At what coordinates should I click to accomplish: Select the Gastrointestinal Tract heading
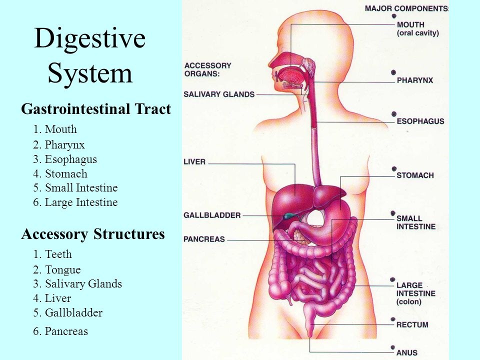coord(96,109)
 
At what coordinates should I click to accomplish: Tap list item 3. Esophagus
coord(65,159)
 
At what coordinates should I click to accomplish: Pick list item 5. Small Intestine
coord(75,188)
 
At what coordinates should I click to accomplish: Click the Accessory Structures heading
coord(93,234)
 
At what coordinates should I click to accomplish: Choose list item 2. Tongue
coord(57,269)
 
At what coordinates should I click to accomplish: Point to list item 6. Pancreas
coord(60,331)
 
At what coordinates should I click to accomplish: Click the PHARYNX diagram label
coord(415,80)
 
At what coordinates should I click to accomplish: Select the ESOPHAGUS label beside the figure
coord(420,121)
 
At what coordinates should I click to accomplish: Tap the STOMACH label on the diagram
coord(415,175)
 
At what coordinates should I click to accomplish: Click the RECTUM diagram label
coord(412,324)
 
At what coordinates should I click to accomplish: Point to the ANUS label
coord(407,352)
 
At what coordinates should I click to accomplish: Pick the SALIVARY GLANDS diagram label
coord(219,94)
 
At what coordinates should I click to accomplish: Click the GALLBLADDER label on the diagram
coord(212,215)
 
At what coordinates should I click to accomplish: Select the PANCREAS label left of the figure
coord(204,239)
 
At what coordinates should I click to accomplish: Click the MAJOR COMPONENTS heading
coord(406,8)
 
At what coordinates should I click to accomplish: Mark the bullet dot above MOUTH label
coord(394,16)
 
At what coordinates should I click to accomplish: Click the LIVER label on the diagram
coord(194,161)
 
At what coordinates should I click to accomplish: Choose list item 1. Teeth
coord(52,254)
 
